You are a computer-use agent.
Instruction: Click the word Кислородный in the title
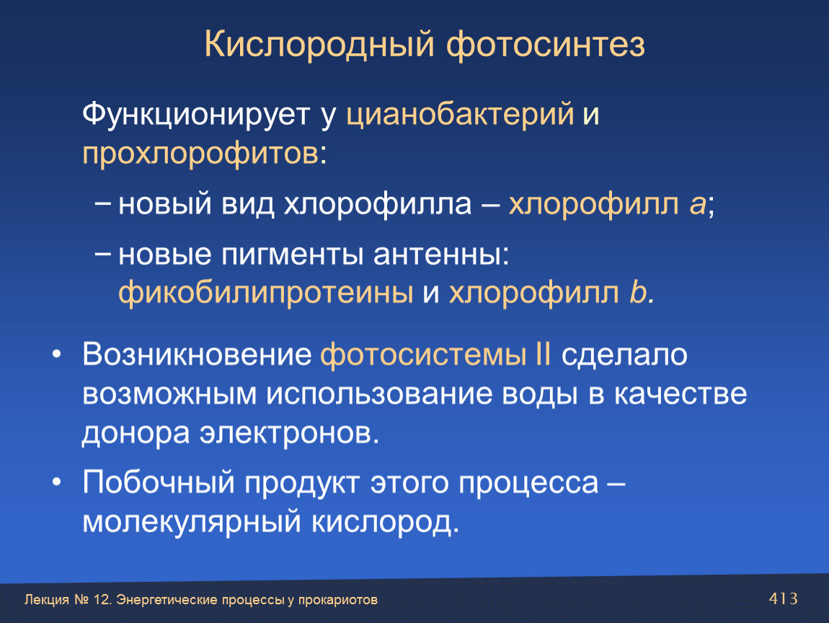pyautogui.click(x=319, y=45)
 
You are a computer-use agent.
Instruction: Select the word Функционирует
pyautogui.click(x=195, y=115)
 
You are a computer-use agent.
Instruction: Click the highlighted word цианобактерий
pyautogui.click(x=460, y=115)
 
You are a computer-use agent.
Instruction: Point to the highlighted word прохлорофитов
pyautogui.click(x=200, y=154)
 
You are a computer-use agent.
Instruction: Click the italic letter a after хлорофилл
pyautogui.click(x=697, y=204)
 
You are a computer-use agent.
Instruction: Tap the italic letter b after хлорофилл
pyautogui.click(x=638, y=291)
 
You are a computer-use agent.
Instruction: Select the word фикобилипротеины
pyautogui.click(x=265, y=293)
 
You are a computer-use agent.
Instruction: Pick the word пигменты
pyautogui.click(x=293, y=255)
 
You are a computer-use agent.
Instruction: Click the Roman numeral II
pyautogui.click(x=543, y=354)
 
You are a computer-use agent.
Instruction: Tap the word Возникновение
pyautogui.click(x=197, y=354)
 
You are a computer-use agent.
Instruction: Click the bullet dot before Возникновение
pyautogui.click(x=57, y=354)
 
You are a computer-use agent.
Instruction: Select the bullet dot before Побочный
pyautogui.click(x=57, y=482)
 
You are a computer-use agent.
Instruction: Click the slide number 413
pyautogui.click(x=784, y=598)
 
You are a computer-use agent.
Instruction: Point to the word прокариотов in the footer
pyautogui.click(x=338, y=600)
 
